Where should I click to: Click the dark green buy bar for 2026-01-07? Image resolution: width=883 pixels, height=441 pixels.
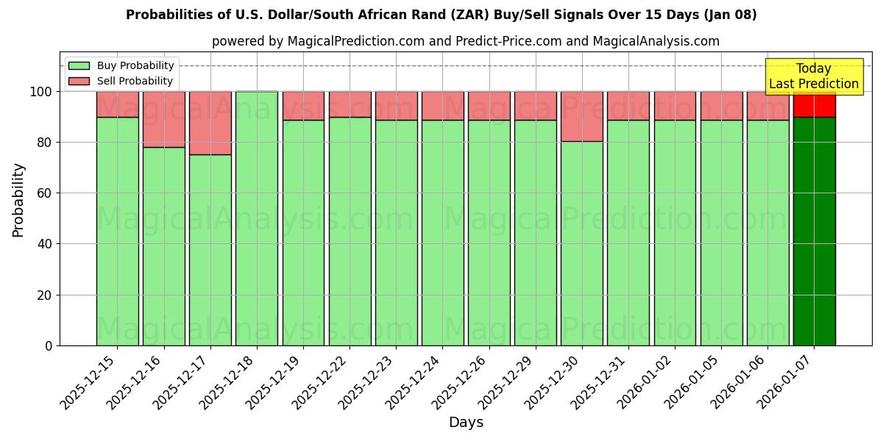pyautogui.click(x=814, y=231)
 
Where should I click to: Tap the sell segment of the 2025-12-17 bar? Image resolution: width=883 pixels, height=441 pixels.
pyautogui.click(x=210, y=123)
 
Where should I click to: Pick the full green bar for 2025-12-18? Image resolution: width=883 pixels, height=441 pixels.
pyautogui.click(x=257, y=218)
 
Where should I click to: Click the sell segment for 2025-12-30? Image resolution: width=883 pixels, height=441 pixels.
pyautogui.click(x=581, y=116)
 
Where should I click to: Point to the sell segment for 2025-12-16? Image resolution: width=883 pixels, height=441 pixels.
pyautogui.click(x=163, y=119)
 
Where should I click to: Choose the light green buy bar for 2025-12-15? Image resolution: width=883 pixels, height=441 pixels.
pyautogui.click(x=117, y=231)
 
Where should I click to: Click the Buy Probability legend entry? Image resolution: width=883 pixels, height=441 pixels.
pyautogui.click(x=121, y=65)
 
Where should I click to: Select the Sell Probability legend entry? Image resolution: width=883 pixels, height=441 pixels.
pyautogui.click(x=121, y=81)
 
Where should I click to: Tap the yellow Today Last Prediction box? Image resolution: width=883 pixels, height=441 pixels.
pyautogui.click(x=813, y=76)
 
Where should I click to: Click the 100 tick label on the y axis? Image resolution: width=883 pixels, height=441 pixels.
pyautogui.click(x=40, y=92)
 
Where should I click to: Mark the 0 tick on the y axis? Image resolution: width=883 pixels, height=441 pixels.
pyautogui.click(x=48, y=345)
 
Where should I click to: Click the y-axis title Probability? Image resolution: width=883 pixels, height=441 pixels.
pyautogui.click(x=18, y=199)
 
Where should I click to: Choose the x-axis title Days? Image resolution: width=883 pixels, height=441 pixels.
pyautogui.click(x=466, y=423)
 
